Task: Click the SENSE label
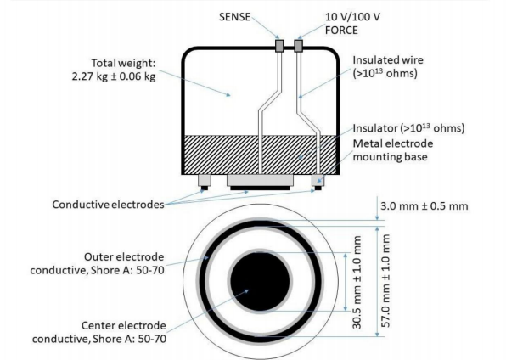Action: pos(234,17)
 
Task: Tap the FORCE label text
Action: pos(341,31)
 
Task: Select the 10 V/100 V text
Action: pos(352,17)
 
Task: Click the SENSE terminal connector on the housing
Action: pos(279,46)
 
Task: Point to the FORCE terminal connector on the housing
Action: pos(299,46)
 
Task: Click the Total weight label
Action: pos(123,63)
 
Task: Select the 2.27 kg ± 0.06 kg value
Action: pos(114,76)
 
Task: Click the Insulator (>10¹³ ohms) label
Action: pos(408,128)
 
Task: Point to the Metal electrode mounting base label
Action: pos(393,150)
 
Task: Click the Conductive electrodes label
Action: pos(108,205)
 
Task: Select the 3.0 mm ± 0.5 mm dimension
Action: pos(424,206)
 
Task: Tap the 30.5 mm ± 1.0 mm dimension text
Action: pos(357,282)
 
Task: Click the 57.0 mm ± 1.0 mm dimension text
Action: pos(386,280)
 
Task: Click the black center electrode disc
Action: pos(260,282)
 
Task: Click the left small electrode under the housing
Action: pos(205,183)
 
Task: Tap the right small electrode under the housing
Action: pos(318,183)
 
